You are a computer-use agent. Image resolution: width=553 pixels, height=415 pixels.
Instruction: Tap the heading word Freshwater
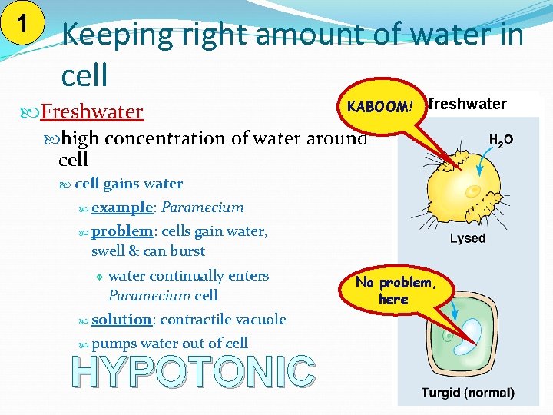[x=91, y=112]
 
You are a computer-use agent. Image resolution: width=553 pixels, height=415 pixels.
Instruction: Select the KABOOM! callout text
[x=380, y=107]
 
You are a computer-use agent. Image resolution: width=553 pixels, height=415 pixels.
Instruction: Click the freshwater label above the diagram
[x=467, y=104]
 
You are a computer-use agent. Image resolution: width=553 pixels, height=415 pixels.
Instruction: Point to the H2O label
[x=501, y=141]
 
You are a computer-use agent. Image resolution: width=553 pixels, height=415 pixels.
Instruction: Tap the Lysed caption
[x=468, y=238]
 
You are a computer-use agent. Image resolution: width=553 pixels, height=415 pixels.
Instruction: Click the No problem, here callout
[x=395, y=290]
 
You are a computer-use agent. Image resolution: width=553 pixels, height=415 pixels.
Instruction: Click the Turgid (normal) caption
[x=468, y=393]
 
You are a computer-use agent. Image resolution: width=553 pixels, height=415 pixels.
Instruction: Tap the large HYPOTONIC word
[x=194, y=372]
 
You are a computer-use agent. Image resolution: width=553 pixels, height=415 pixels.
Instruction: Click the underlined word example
[x=122, y=207]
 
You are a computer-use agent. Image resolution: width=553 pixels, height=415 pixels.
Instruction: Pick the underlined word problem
[x=122, y=231]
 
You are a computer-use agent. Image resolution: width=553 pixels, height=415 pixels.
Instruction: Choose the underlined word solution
[x=121, y=320]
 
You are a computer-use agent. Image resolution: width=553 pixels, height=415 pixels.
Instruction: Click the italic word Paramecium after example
[x=203, y=207]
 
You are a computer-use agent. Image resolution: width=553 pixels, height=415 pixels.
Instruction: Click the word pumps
[x=114, y=344]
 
